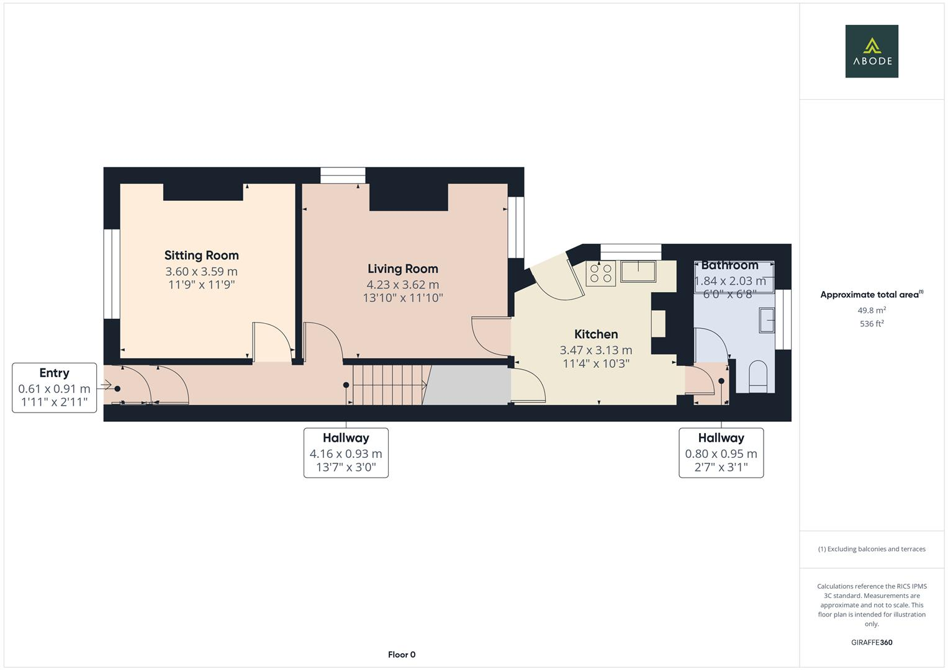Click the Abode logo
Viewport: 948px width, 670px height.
point(871,51)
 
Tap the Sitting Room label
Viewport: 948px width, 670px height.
point(201,255)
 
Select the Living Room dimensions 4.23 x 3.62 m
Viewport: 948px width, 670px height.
point(402,285)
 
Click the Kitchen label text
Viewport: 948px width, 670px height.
point(595,334)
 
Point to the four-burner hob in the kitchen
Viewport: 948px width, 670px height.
point(601,274)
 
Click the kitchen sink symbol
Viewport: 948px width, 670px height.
point(638,272)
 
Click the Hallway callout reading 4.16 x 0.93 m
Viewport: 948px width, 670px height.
point(346,453)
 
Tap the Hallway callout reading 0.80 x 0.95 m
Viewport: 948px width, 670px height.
point(721,453)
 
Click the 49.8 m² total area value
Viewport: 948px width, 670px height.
point(872,310)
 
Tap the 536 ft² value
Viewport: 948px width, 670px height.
point(872,324)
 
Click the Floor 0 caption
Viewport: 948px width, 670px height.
point(402,654)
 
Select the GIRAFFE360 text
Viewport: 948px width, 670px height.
point(872,642)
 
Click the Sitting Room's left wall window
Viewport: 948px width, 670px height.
point(112,274)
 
